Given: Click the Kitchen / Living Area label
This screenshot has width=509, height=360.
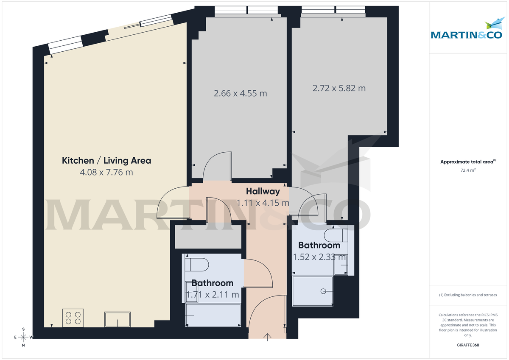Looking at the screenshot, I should pyautogui.click(x=106, y=161).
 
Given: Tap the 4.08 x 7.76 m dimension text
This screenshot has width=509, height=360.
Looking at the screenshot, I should pyautogui.click(x=106, y=173).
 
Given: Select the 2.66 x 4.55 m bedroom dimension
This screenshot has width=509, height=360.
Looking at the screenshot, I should pyautogui.click(x=241, y=93).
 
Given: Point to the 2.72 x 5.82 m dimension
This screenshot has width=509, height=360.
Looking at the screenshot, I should pyautogui.click(x=339, y=88).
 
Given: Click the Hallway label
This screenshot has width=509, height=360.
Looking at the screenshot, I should pyautogui.click(x=263, y=191).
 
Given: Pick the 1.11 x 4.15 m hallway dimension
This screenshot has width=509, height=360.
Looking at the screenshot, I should pyautogui.click(x=263, y=203).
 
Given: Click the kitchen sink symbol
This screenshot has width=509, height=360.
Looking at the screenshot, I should pyautogui.click(x=118, y=319).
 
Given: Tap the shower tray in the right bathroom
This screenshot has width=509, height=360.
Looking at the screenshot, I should pyautogui.click(x=313, y=291).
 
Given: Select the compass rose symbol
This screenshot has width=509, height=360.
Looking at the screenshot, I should pyautogui.click(x=24, y=337).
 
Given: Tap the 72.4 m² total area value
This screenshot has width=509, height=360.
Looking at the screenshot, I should pyautogui.click(x=468, y=170).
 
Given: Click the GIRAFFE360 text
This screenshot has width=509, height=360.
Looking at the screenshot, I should pyautogui.click(x=468, y=345).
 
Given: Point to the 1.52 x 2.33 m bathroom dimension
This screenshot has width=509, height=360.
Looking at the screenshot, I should pyautogui.click(x=320, y=257).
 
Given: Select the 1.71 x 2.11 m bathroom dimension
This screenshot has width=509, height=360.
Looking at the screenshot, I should pyautogui.click(x=212, y=294).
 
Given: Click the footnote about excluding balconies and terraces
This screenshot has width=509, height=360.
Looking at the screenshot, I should pyautogui.click(x=468, y=295).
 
